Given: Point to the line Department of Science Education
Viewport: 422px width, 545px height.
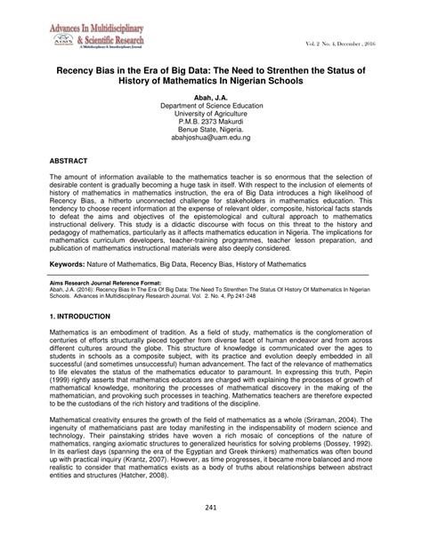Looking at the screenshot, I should [x=210, y=104].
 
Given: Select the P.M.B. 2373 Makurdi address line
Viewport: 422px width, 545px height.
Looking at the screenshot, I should [x=210, y=122].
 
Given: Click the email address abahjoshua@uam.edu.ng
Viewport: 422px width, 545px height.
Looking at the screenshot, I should [x=210, y=140].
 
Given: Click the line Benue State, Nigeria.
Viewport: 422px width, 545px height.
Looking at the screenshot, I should [x=210, y=131].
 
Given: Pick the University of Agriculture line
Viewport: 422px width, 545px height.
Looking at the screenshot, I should [x=210, y=113].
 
